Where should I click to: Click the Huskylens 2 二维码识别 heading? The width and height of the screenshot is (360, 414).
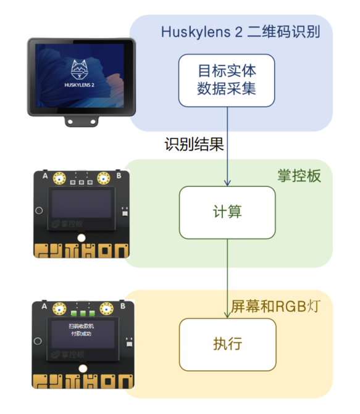pyautogui.click(x=241, y=32)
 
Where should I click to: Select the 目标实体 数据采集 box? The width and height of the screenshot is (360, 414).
pyautogui.click(x=226, y=80)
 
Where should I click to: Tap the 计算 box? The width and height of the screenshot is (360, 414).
pyautogui.click(x=226, y=212)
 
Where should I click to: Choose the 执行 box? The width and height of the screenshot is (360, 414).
pyautogui.click(x=226, y=344)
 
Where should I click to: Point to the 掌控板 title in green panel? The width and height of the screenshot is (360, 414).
pyautogui.click(x=299, y=176)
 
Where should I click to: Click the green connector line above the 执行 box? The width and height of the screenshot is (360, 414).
pyautogui.click(x=227, y=278)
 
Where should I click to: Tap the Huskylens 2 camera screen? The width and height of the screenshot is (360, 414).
pyautogui.click(x=81, y=76)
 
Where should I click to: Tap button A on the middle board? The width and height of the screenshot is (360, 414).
pyautogui.click(x=59, y=179)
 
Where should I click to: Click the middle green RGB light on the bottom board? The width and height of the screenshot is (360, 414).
pyautogui.click(x=82, y=306)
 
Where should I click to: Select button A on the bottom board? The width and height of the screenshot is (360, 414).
pyautogui.click(x=59, y=307)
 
